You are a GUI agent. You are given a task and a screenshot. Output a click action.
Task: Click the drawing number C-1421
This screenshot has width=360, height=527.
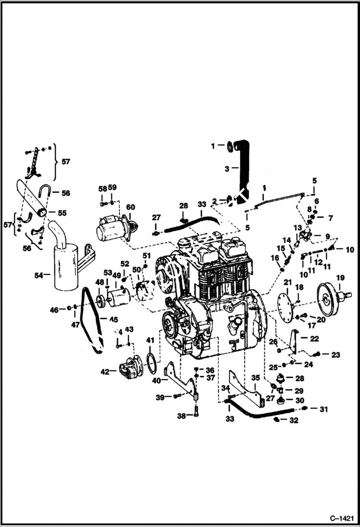pos(342,518)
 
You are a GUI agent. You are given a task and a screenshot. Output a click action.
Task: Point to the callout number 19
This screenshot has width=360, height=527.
pos(340,277)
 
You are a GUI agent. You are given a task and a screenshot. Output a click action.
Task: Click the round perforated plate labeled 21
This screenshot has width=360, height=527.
pos(287,305)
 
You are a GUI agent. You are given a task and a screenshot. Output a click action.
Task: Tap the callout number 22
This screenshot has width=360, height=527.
pos(314,339)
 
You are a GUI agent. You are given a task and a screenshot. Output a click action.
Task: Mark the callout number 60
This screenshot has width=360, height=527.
pos(130,207)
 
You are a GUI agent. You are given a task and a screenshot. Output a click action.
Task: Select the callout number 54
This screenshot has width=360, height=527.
pos(38,275)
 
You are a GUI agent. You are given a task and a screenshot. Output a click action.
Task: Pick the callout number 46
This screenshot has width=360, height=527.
pos(54,310)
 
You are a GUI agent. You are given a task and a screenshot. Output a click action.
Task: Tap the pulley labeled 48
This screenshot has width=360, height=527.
pos(101,301)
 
